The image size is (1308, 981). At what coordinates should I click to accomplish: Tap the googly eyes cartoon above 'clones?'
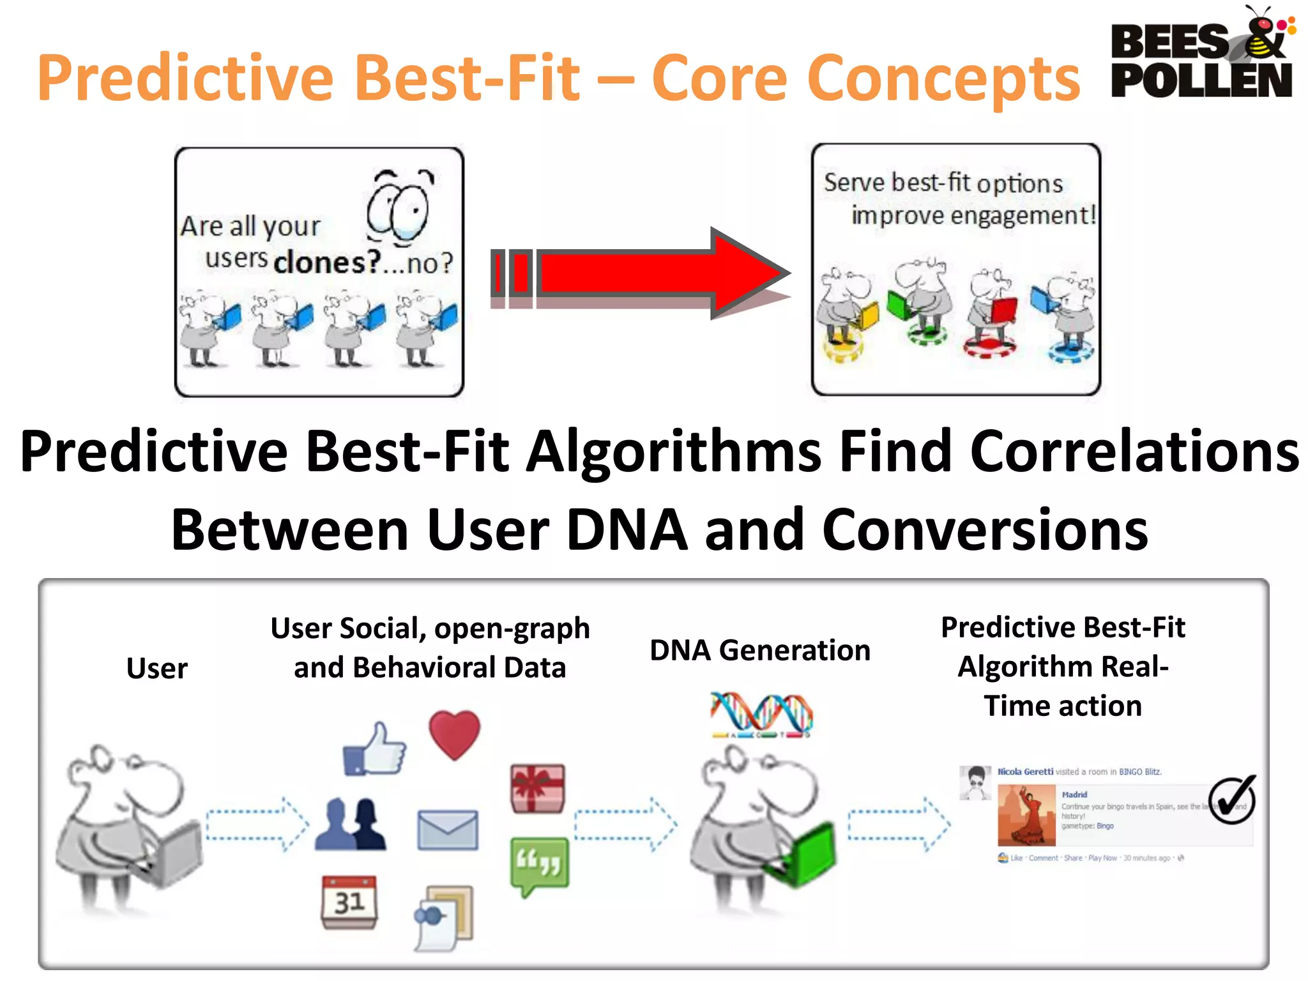click(x=399, y=208)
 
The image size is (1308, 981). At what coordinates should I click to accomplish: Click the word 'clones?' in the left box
click(x=326, y=262)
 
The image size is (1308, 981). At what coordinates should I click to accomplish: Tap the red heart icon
click(x=454, y=734)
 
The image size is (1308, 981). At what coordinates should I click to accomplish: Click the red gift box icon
click(x=538, y=788)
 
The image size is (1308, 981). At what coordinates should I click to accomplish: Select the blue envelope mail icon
click(x=447, y=829)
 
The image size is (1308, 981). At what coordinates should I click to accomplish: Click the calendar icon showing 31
click(x=349, y=901)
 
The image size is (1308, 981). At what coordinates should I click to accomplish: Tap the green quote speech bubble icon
click(x=539, y=865)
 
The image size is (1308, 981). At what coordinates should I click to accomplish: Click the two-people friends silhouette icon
click(x=351, y=824)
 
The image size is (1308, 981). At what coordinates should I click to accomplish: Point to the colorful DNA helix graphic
click(x=761, y=714)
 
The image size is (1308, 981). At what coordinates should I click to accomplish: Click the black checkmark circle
click(x=1232, y=801)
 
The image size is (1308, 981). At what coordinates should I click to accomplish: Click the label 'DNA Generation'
click(x=759, y=650)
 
